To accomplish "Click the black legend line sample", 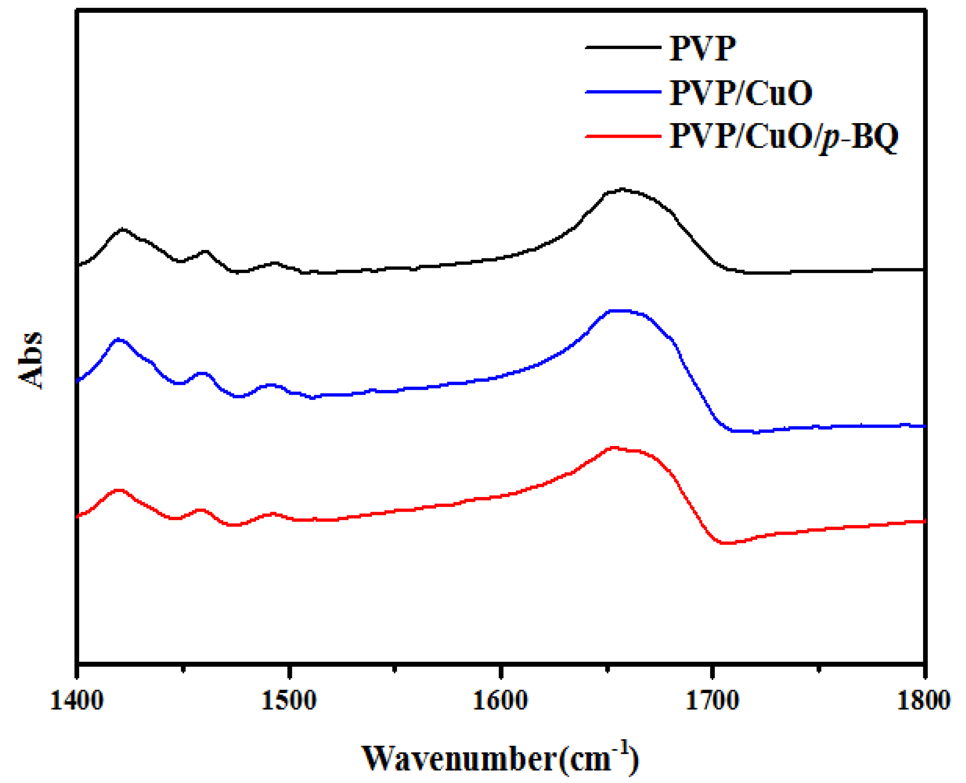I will pos(623,47).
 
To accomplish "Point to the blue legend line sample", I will pos(623,91).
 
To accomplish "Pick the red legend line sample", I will pos(623,135).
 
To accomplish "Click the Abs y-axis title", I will pos(31,360).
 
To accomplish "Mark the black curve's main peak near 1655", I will pos(623,189).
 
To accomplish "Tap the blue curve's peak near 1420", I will pos(119,339).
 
